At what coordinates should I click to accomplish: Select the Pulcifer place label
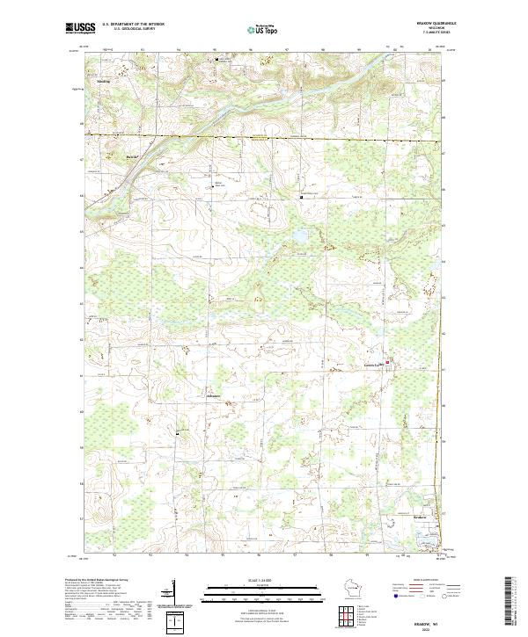click(x=132, y=157)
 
